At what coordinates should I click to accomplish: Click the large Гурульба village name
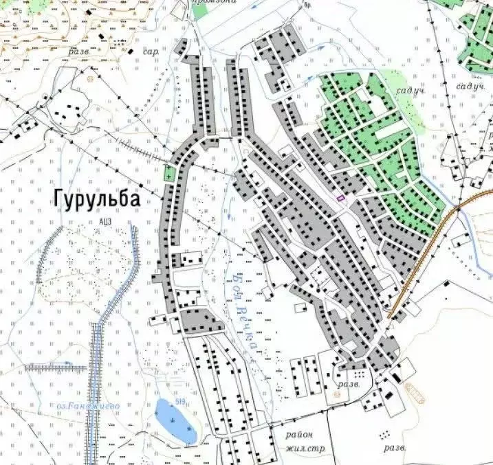coord(97,199)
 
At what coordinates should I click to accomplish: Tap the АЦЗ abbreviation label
coord(105,221)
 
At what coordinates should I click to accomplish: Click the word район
coord(300,434)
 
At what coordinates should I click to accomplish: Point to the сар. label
coord(151,52)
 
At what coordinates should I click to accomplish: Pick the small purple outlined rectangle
coord(340,198)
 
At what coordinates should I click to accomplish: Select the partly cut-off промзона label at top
coord(214,3)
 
